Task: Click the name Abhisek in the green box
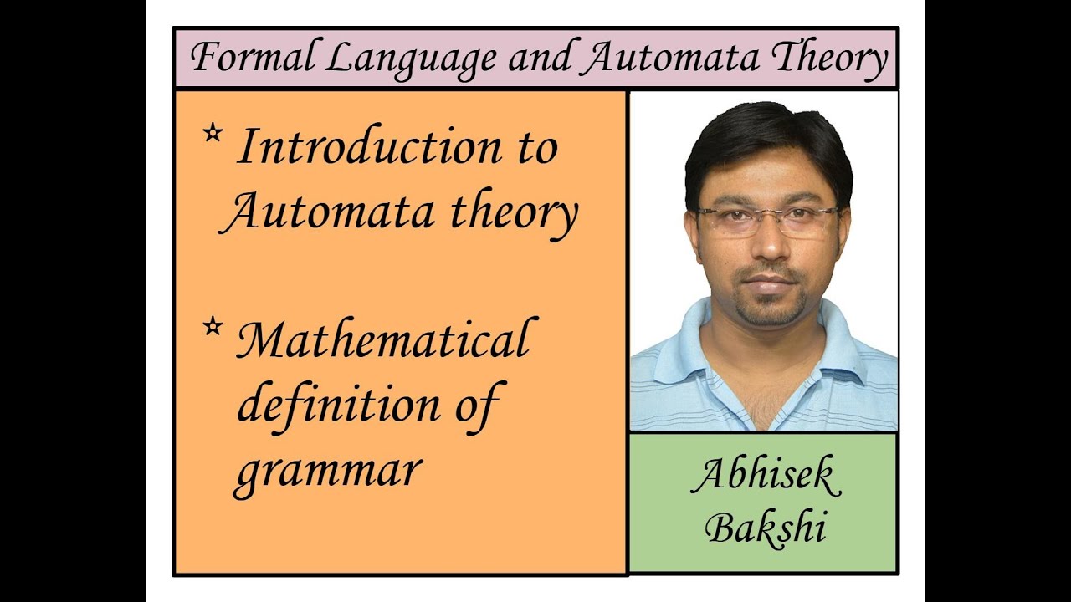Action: pos(765,477)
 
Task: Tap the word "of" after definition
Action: pos(475,405)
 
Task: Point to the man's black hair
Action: pos(766,134)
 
